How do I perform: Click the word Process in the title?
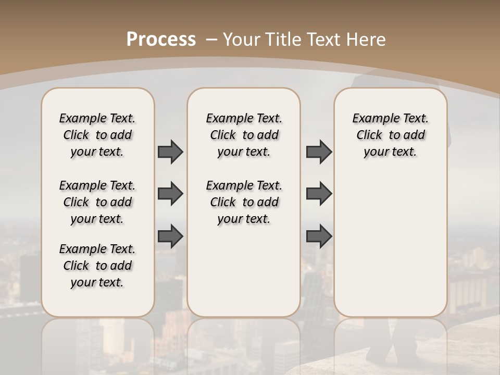click(x=161, y=39)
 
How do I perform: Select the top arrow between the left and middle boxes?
click(x=170, y=152)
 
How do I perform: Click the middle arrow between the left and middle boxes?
click(x=170, y=194)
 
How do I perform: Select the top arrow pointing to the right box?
click(x=319, y=152)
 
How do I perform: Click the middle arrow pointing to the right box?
click(x=319, y=194)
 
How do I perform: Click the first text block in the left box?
click(x=97, y=135)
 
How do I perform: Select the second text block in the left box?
click(x=97, y=202)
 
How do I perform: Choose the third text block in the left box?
click(x=97, y=266)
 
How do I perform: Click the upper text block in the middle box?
click(x=244, y=135)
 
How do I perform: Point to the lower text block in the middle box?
click(x=244, y=202)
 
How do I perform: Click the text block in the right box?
click(x=390, y=135)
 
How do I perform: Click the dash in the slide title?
click(x=211, y=40)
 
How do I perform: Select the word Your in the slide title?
click(x=242, y=40)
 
